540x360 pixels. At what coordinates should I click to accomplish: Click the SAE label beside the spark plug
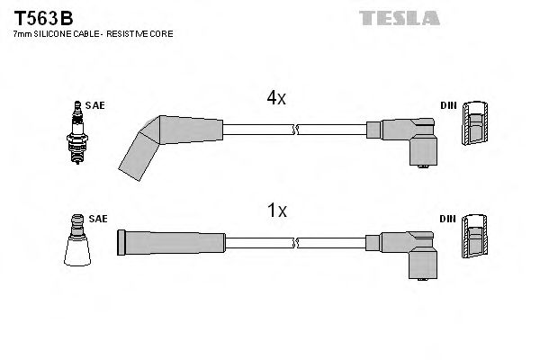click(95, 105)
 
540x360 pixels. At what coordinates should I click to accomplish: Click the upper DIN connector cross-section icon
click(476, 125)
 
